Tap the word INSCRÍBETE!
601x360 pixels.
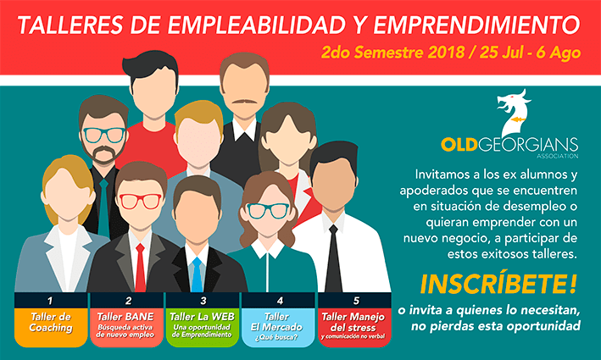coord(498,284)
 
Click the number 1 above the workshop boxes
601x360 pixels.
coord(50,301)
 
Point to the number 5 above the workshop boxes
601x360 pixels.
coord(356,301)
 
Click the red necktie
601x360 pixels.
coord(140,268)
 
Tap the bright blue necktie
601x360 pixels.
coord(197,274)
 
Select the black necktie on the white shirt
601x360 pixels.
coord(333,259)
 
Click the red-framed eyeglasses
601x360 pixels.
coord(140,201)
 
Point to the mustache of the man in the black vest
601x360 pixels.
coord(244,102)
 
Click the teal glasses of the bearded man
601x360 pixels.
coord(104,135)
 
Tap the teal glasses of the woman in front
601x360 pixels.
coord(268,211)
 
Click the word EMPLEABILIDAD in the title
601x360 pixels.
coord(257,25)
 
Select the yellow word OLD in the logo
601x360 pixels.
coord(459,145)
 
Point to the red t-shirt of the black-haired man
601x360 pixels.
coord(153,144)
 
